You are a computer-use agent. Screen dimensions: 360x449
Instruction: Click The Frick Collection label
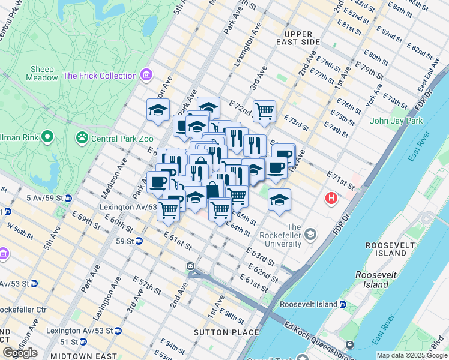[x=100, y=76]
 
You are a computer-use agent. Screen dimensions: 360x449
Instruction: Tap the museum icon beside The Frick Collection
[x=145, y=76]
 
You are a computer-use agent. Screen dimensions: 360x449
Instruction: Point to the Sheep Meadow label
[x=42, y=73]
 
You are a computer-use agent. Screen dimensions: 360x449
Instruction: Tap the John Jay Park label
[x=397, y=121]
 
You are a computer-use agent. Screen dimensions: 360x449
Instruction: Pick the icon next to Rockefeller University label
[x=310, y=233]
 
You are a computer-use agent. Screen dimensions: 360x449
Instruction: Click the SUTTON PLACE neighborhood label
[x=226, y=332]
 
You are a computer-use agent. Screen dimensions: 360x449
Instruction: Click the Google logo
[x=20, y=353]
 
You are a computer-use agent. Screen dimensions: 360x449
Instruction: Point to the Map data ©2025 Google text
[x=412, y=355]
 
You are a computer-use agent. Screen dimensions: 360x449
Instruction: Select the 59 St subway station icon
[x=139, y=241]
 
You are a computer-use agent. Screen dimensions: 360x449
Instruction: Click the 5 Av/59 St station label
[x=45, y=198]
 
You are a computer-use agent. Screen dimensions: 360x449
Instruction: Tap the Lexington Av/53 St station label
[x=76, y=331]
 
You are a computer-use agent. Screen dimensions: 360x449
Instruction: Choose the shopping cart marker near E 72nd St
[x=264, y=111]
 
